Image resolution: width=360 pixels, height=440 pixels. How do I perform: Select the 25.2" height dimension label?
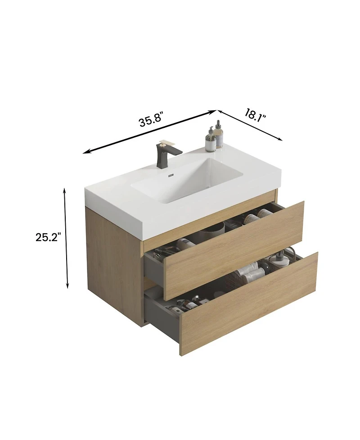[48, 237]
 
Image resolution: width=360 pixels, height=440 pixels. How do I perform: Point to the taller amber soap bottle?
[219, 135]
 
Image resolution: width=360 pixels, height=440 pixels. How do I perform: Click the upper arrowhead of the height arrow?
[65, 191]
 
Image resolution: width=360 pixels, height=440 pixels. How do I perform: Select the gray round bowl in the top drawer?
[212, 232]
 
